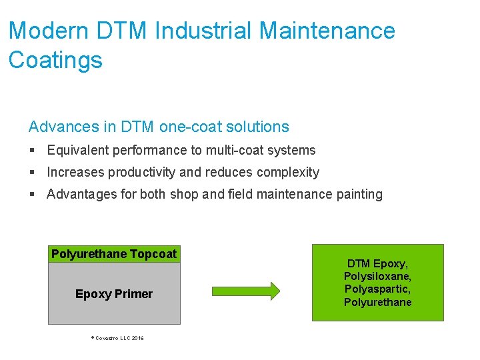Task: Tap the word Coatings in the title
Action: [x=55, y=60]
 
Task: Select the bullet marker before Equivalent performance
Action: [x=33, y=151]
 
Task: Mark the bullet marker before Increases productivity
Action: [x=33, y=173]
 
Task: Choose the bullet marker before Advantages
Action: [x=33, y=195]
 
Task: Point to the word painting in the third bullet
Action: [x=359, y=195]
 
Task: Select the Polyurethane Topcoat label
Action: [x=114, y=254]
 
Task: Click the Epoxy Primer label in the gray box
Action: [x=114, y=294]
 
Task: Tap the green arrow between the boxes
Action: [x=246, y=290]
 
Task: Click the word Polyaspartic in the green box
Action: [x=377, y=289]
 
